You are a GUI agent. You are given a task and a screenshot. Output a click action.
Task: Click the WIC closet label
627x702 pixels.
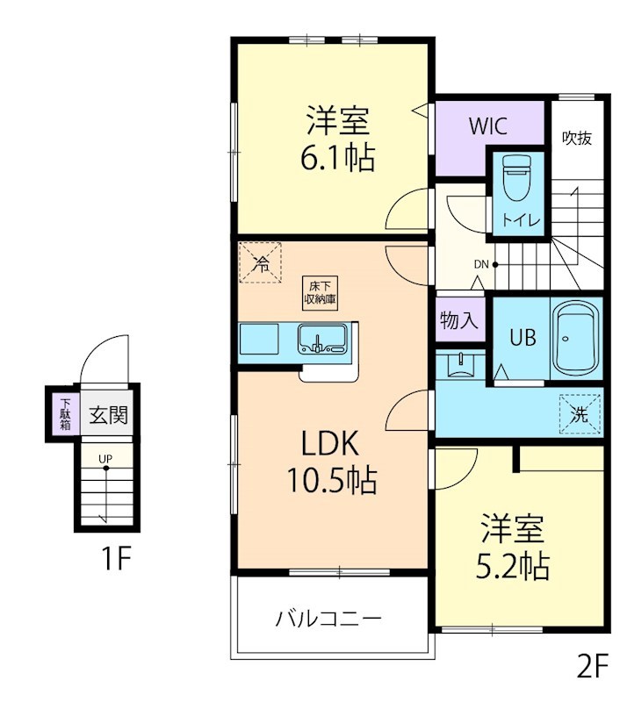tap(487, 125)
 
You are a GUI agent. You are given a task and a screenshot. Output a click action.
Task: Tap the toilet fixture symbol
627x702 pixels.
tap(515, 183)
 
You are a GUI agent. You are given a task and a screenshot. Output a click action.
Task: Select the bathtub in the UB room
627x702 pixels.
tap(575, 338)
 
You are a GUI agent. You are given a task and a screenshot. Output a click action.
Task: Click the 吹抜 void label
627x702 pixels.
tap(577, 138)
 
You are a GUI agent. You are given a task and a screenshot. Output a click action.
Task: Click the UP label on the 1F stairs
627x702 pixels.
tap(105, 459)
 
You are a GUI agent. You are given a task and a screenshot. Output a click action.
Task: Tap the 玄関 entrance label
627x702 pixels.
tap(108, 414)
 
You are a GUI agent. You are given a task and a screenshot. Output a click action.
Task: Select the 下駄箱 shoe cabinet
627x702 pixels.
tap(65, 413)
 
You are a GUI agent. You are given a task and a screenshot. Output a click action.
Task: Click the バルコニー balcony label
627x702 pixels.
tap(329, 619)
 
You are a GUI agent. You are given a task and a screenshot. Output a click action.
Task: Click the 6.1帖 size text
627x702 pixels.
tap(337, 159)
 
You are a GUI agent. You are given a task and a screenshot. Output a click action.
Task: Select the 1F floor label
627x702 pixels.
tap(112, 558)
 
